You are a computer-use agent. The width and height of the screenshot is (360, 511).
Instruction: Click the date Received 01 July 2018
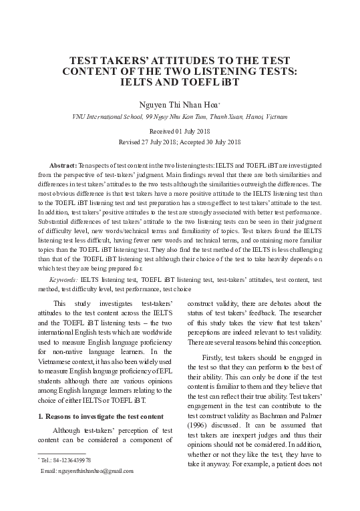pos(180,132)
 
